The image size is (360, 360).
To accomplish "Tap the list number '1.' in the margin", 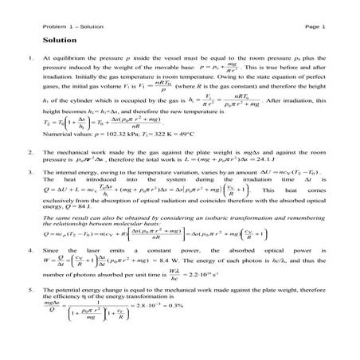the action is tap(29, 59).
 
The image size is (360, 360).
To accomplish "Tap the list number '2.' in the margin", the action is tap(29, 151).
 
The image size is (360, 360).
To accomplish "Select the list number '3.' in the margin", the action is tap(29, 170).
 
